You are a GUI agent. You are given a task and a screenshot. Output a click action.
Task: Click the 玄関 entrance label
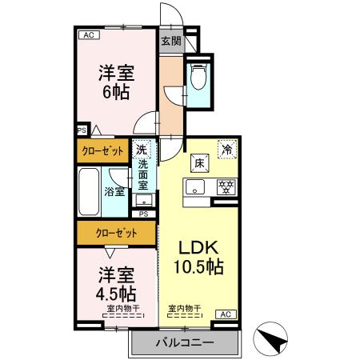tap(170, 41)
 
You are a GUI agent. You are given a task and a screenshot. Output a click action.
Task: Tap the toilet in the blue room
tap(199, 78)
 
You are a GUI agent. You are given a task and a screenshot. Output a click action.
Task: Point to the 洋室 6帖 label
tap(115, 82)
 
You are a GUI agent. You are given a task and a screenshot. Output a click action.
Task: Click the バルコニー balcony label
tap(185, 342)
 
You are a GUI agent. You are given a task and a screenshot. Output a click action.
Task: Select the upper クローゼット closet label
tap(103, 149)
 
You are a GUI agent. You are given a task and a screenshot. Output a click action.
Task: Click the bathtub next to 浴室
tap(89, 191)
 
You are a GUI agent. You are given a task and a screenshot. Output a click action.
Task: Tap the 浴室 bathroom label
tap(114, 192)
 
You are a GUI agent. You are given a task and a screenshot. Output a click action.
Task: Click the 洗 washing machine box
tap(142, 149)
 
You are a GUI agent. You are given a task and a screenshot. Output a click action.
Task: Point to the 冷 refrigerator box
tap(227, 149)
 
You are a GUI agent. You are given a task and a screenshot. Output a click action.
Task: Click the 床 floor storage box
tap(198, 164)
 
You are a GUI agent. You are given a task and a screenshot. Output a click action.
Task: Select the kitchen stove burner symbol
tap(226, 188)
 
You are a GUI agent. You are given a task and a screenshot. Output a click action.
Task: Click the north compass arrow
tap(273, 338)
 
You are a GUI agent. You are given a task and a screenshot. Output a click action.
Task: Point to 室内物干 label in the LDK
tap(184, 308)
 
